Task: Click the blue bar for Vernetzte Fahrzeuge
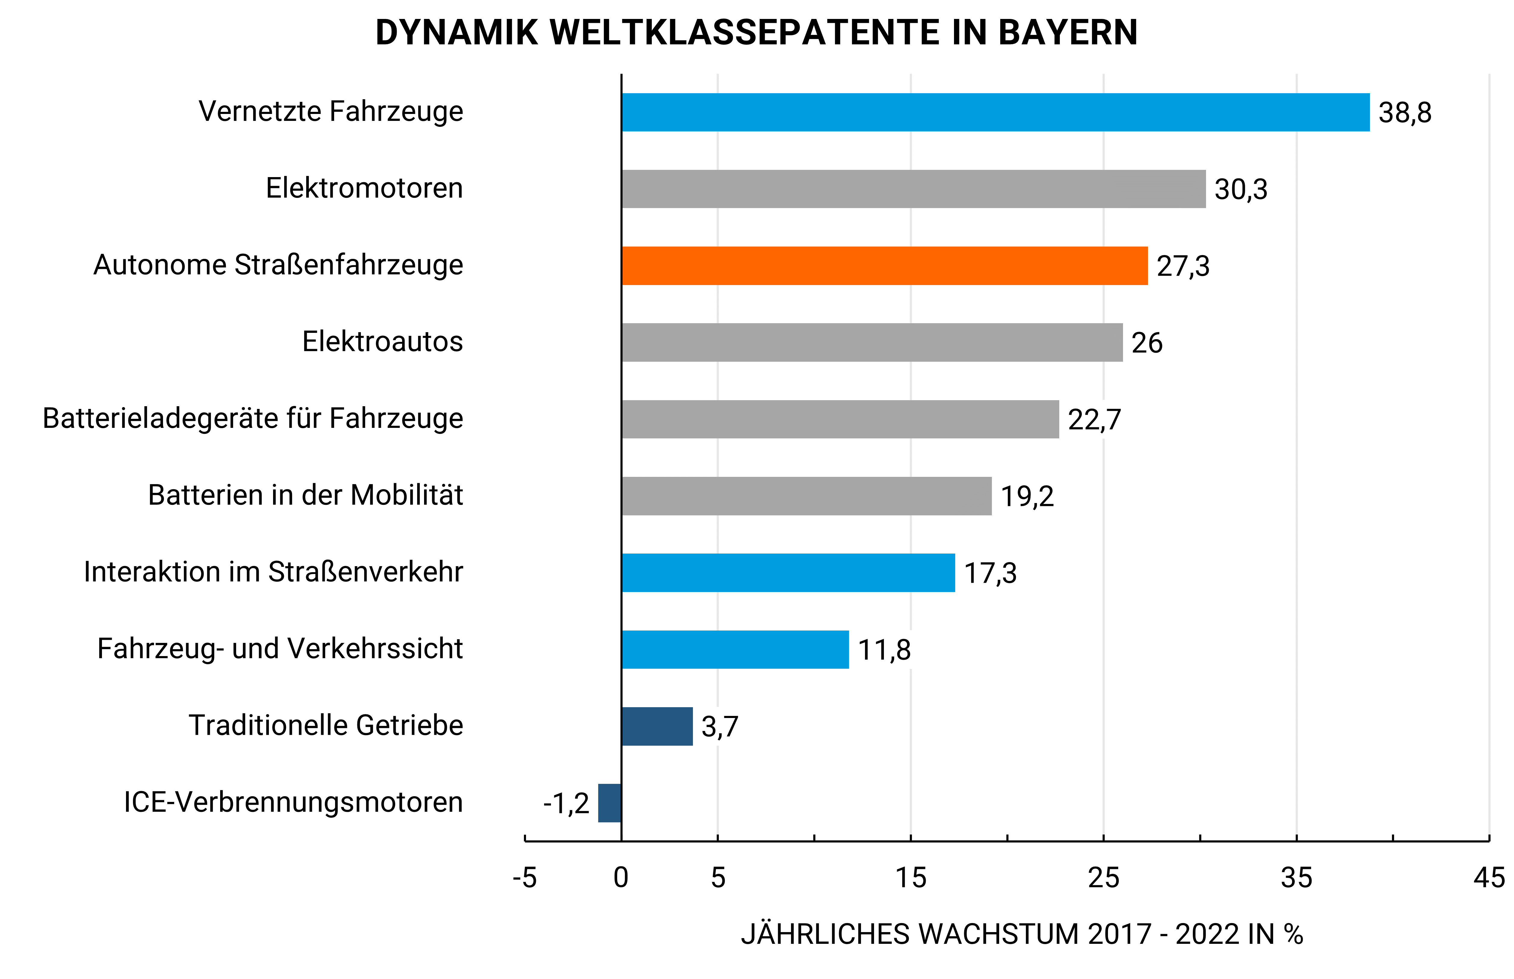[995, 112]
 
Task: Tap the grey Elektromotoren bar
[913, 189]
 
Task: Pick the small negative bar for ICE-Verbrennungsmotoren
[609, 803]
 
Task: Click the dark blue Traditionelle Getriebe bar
[657, 726]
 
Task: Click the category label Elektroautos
[382, 341]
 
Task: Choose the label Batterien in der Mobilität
[305, 495]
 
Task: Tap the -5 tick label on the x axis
[525, 878]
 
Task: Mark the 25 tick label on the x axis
[1103, 878]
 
